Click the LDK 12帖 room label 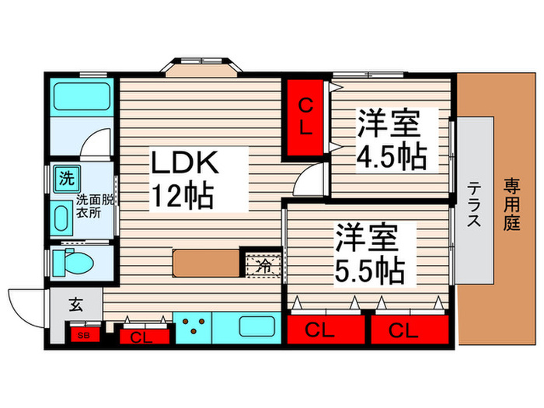point(184,179)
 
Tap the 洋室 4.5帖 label point(392,139)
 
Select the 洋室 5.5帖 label point(370,254)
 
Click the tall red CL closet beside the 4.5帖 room point(305,117)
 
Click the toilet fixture point(73,263)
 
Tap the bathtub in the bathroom point(82,96)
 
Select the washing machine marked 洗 point(68,179)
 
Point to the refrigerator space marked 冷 point(263,266)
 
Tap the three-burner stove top point(193,327)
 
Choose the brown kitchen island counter point(207,263)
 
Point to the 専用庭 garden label point(512,204)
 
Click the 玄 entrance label point(75,305)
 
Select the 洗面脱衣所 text point(94,206)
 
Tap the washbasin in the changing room point(61,218)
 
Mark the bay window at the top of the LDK point(201,67)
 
